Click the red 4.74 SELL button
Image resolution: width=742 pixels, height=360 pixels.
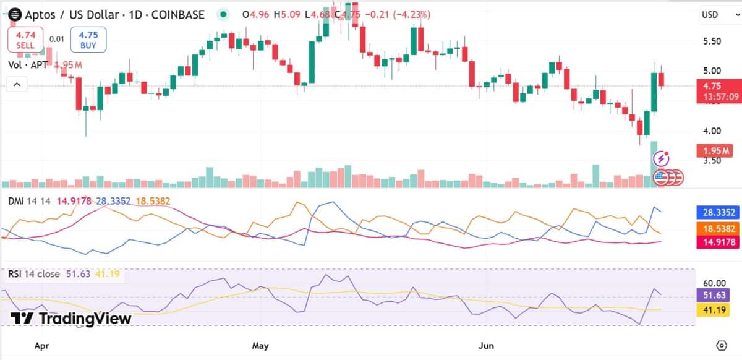coord(26,40)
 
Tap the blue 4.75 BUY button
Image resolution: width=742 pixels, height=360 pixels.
coord(88,40)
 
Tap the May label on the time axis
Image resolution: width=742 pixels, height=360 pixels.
coord(260,345)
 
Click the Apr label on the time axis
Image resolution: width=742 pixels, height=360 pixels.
coord(42,345)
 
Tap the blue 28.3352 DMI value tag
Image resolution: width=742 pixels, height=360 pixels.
coord(717,213)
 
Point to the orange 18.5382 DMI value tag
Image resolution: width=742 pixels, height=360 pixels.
coord(717,228)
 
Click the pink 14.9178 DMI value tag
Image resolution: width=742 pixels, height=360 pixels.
coord(717,242)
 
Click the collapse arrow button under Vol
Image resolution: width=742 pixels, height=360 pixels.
coord(17,84)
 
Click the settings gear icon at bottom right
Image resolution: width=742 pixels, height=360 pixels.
coord(721,345)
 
